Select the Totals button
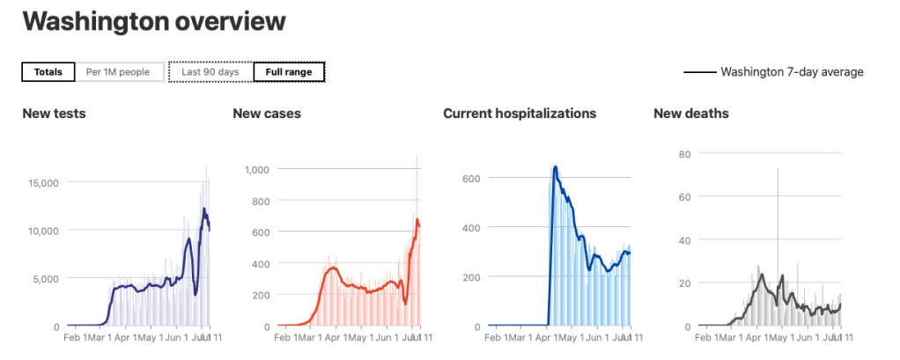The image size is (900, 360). (48, 72)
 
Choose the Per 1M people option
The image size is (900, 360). (118, 72)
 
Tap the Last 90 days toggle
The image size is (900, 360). (210, 72)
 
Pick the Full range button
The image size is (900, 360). (289, 72)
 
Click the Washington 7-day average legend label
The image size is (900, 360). (792, 72)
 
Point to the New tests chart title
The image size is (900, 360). (54, 114)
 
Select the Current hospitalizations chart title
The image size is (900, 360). (520, 114)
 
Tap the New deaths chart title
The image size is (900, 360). (691, 114)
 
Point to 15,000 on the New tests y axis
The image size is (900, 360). (42, 183)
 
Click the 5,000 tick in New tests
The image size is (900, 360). (46, 279)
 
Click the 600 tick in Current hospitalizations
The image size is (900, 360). (471, 178)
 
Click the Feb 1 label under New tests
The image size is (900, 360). (78, 337)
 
